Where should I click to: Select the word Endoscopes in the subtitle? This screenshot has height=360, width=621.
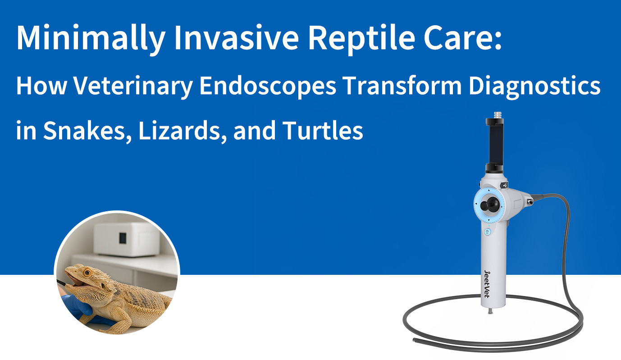pos(267,86)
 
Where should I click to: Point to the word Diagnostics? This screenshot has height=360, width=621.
pos(534,86)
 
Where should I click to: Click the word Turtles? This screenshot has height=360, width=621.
pos(323,131)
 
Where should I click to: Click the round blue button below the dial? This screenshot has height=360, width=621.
pos(487,232)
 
